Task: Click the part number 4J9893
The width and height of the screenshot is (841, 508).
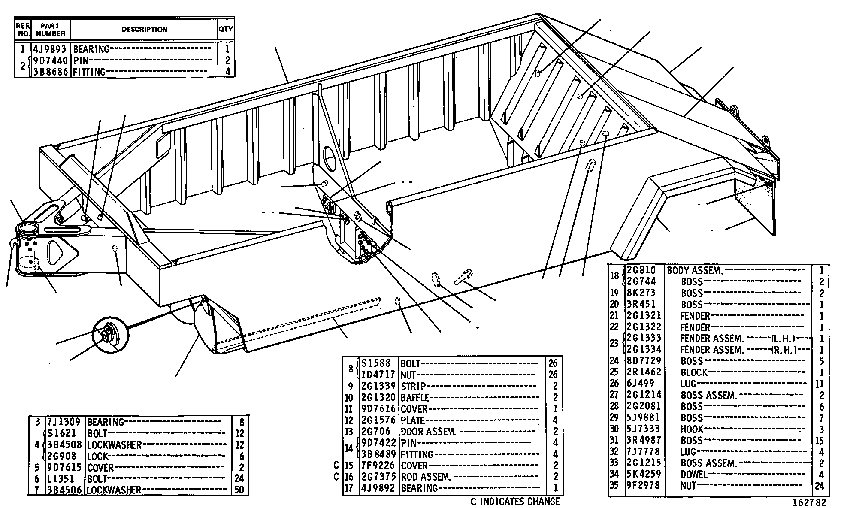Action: [50, 49]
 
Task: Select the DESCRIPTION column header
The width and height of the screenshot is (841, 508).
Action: [144, 30]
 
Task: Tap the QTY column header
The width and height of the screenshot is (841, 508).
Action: [226, 29]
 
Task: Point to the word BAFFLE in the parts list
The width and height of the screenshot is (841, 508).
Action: [415, 398]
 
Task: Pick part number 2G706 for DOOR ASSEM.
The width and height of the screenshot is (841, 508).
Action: [376, 432]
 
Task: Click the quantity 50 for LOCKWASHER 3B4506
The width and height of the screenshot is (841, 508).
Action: [239, 490]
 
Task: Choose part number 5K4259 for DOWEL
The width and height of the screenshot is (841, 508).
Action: [644, 474]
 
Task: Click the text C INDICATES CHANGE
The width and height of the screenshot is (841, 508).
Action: [515, 501]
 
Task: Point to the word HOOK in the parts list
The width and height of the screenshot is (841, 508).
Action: [692, 429]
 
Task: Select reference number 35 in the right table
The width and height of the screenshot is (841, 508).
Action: [614, 486]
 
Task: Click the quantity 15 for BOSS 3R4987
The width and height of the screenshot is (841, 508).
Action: [819, 441]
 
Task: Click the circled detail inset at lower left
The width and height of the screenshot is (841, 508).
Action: [110, 335]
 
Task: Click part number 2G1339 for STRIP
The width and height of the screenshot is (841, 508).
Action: [378, 387]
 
